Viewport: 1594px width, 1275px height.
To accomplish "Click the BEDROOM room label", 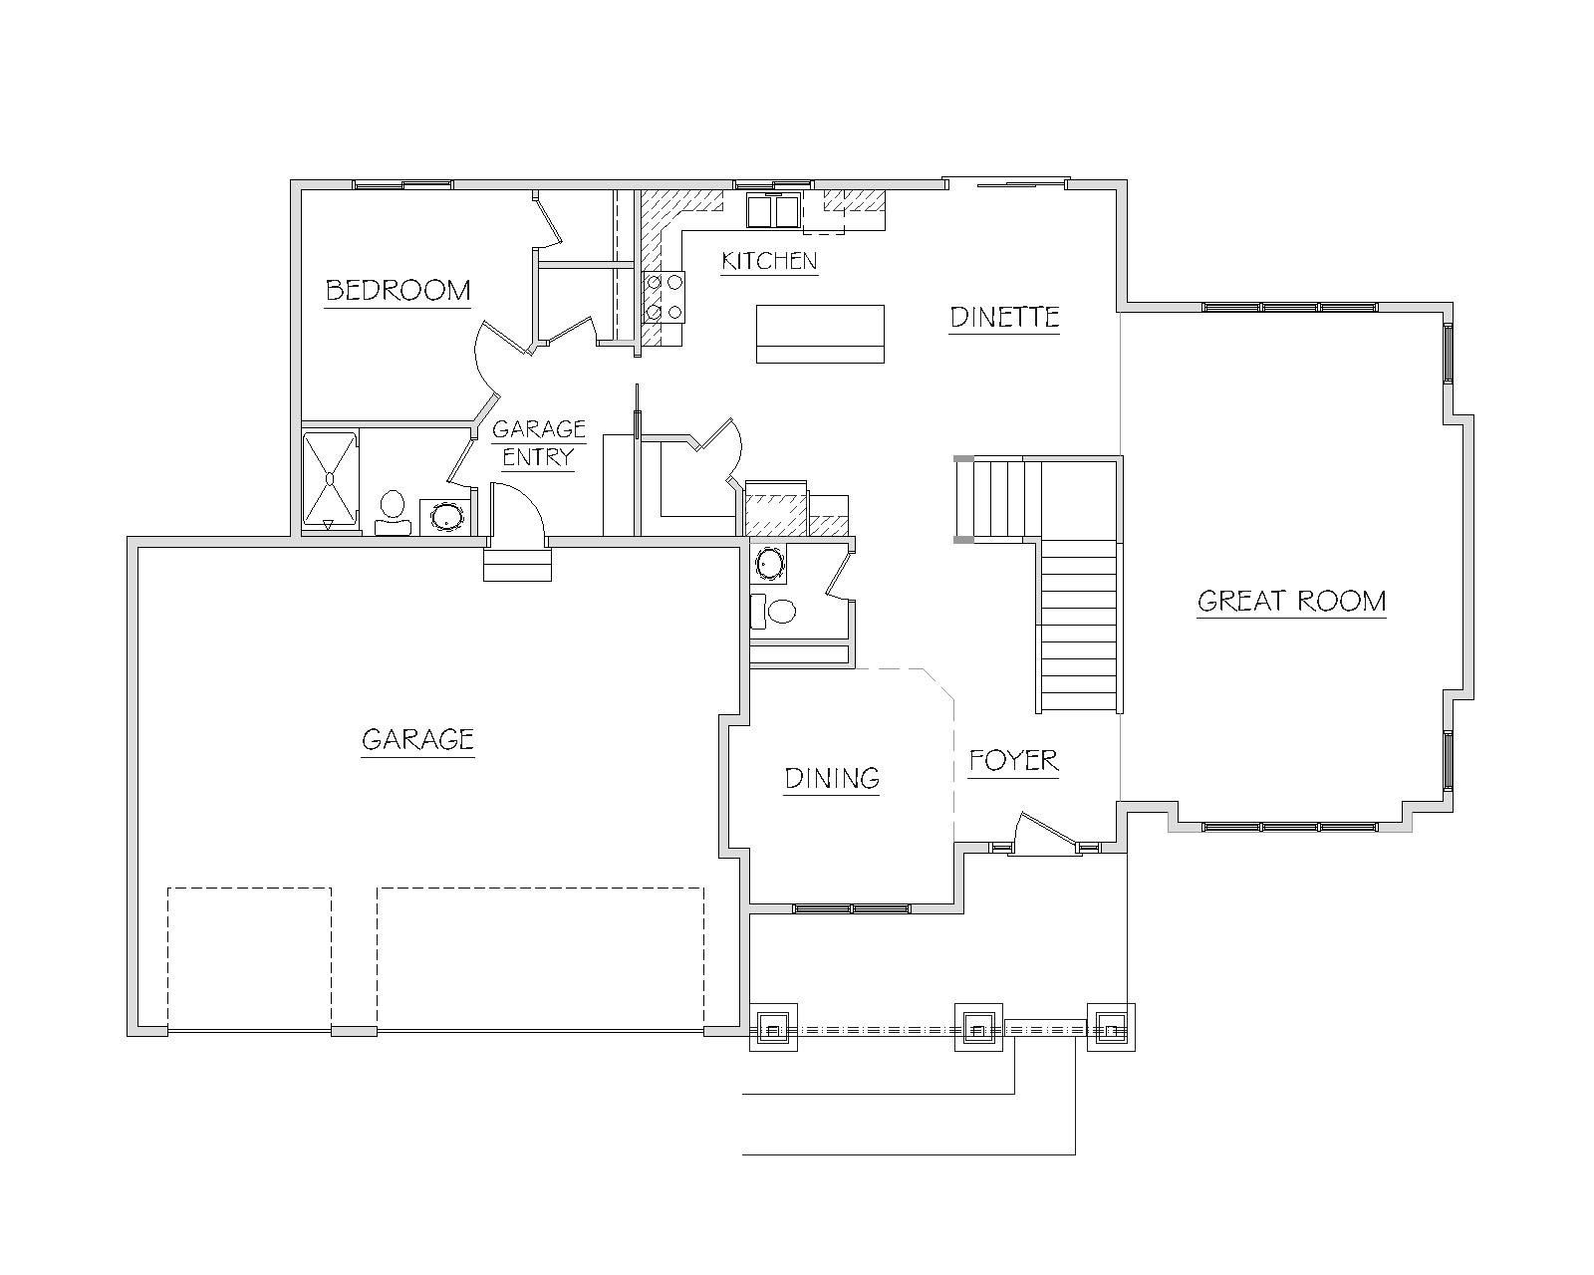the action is point(398,290).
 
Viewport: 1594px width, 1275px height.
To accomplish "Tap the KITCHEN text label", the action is point(769,261).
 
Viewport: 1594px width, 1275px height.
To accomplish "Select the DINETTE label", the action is point(1004,317).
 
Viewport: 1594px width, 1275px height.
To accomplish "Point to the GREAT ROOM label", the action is point(1291,601).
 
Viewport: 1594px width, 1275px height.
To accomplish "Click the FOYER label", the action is point(1013,760).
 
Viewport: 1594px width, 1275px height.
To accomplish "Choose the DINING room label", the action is point(832,778).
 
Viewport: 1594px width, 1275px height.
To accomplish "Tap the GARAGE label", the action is point(417,739).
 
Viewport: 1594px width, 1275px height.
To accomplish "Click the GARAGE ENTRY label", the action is point(539,443).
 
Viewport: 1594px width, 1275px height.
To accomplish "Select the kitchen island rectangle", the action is point(820,334).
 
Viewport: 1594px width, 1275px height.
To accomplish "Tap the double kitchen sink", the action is point(773,209).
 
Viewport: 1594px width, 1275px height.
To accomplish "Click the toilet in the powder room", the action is point(772,612).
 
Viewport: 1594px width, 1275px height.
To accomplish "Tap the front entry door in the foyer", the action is point(1044,830).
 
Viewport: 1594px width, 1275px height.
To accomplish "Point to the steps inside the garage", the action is point(518,565).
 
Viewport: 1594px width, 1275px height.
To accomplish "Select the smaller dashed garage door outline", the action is point(250,959).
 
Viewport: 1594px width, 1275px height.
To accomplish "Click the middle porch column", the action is point(978,1028).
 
